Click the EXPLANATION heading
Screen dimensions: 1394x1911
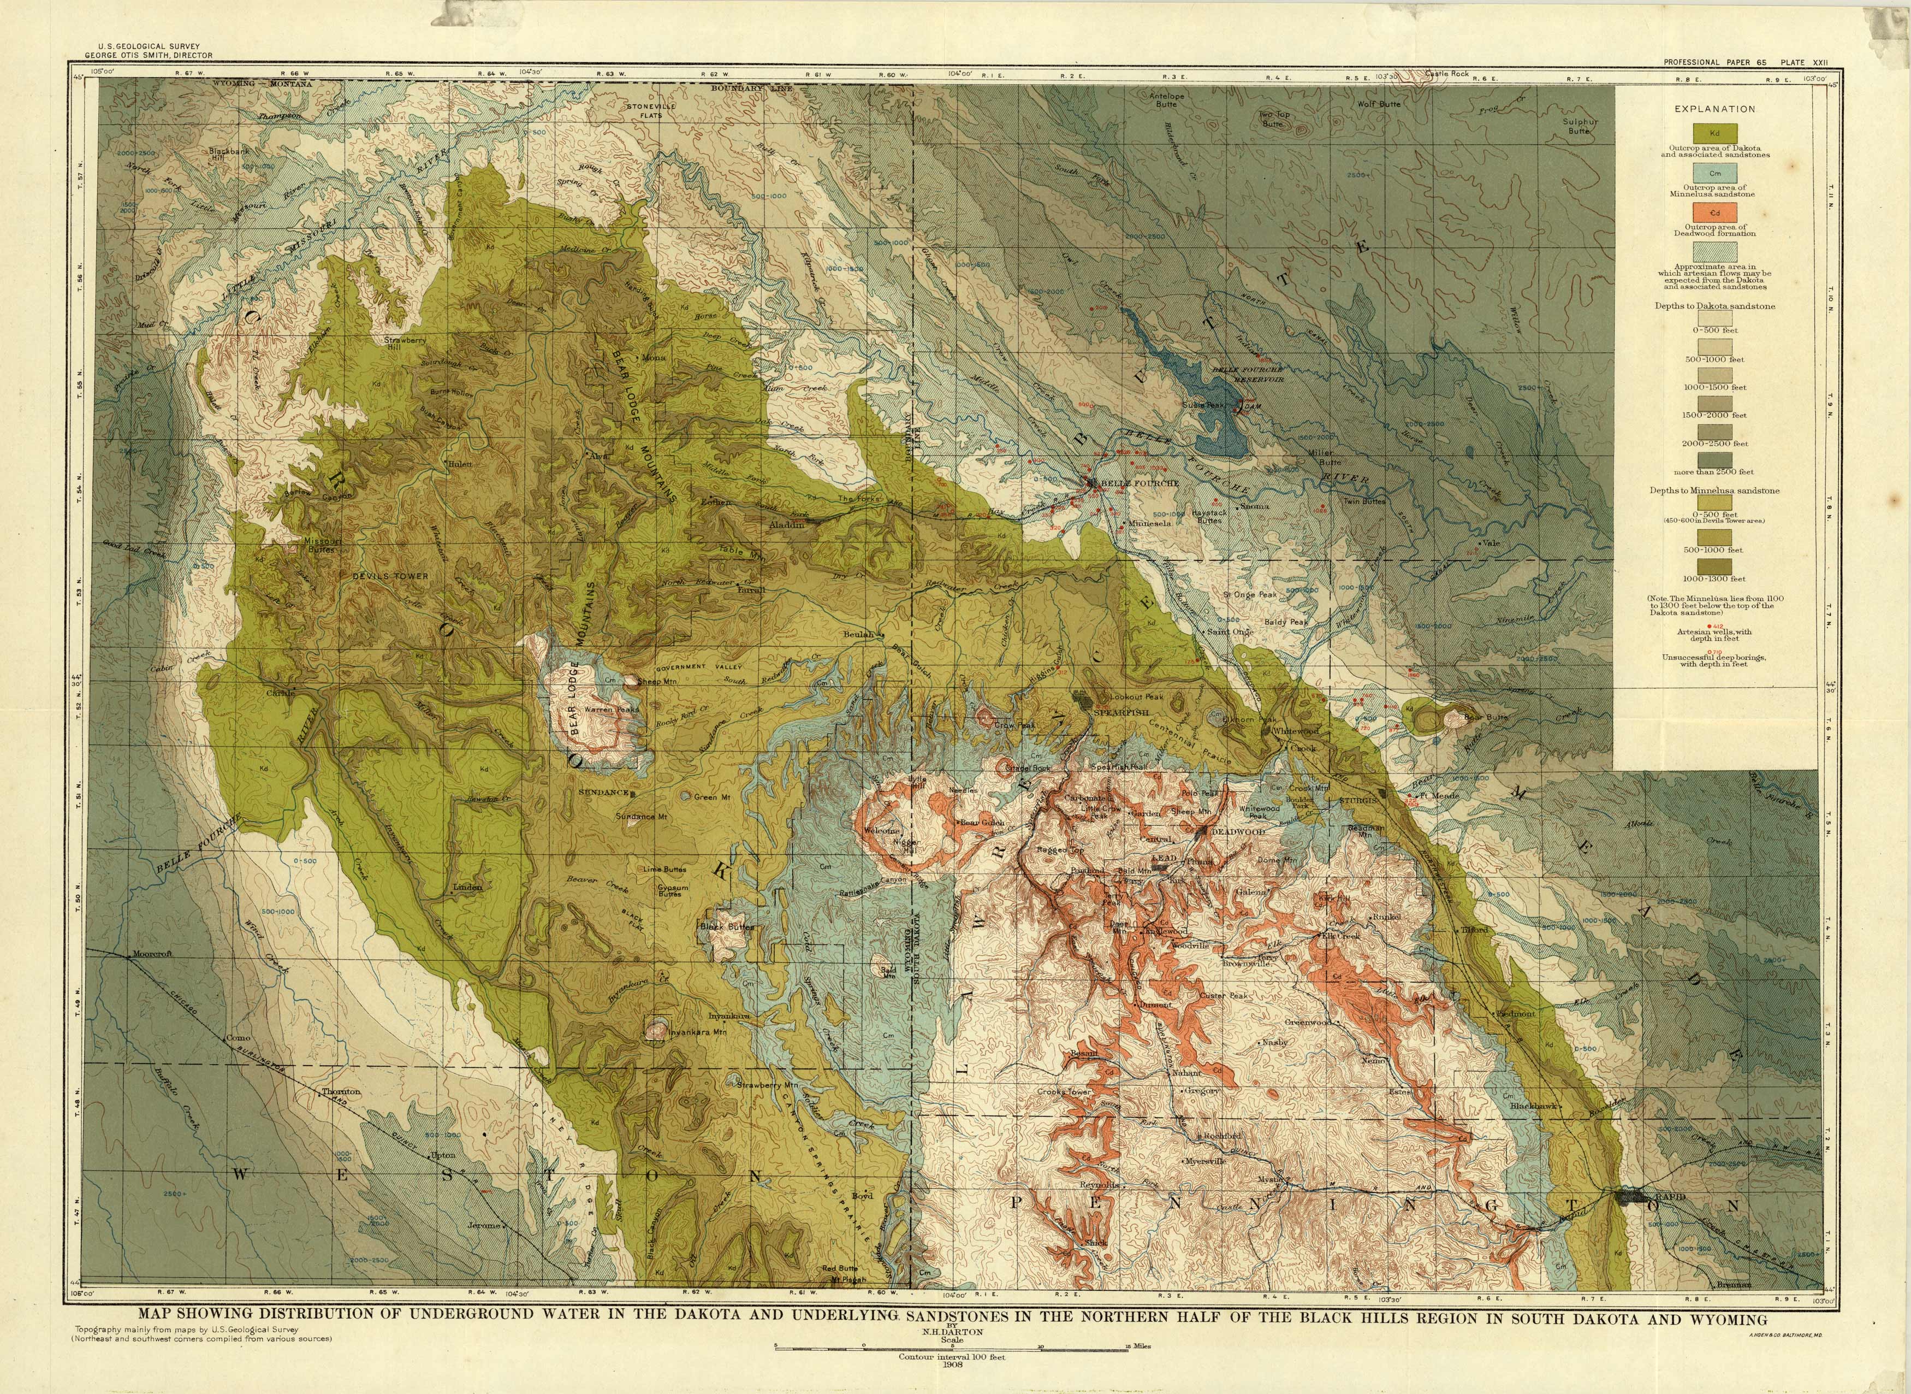click(x=1714, y=109)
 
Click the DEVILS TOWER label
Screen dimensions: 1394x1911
click(x=390, y=576)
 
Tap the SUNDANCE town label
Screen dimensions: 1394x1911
click(x=604, y=793)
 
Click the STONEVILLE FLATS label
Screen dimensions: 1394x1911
click(x=650, y=110)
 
